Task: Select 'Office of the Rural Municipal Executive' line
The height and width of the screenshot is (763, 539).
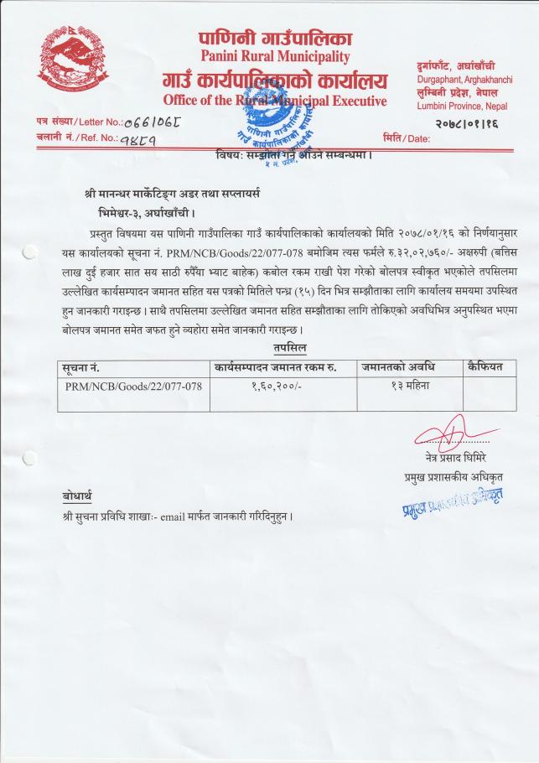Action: pos(274,101)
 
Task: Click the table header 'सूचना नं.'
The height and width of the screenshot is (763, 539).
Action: pos(82,367)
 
